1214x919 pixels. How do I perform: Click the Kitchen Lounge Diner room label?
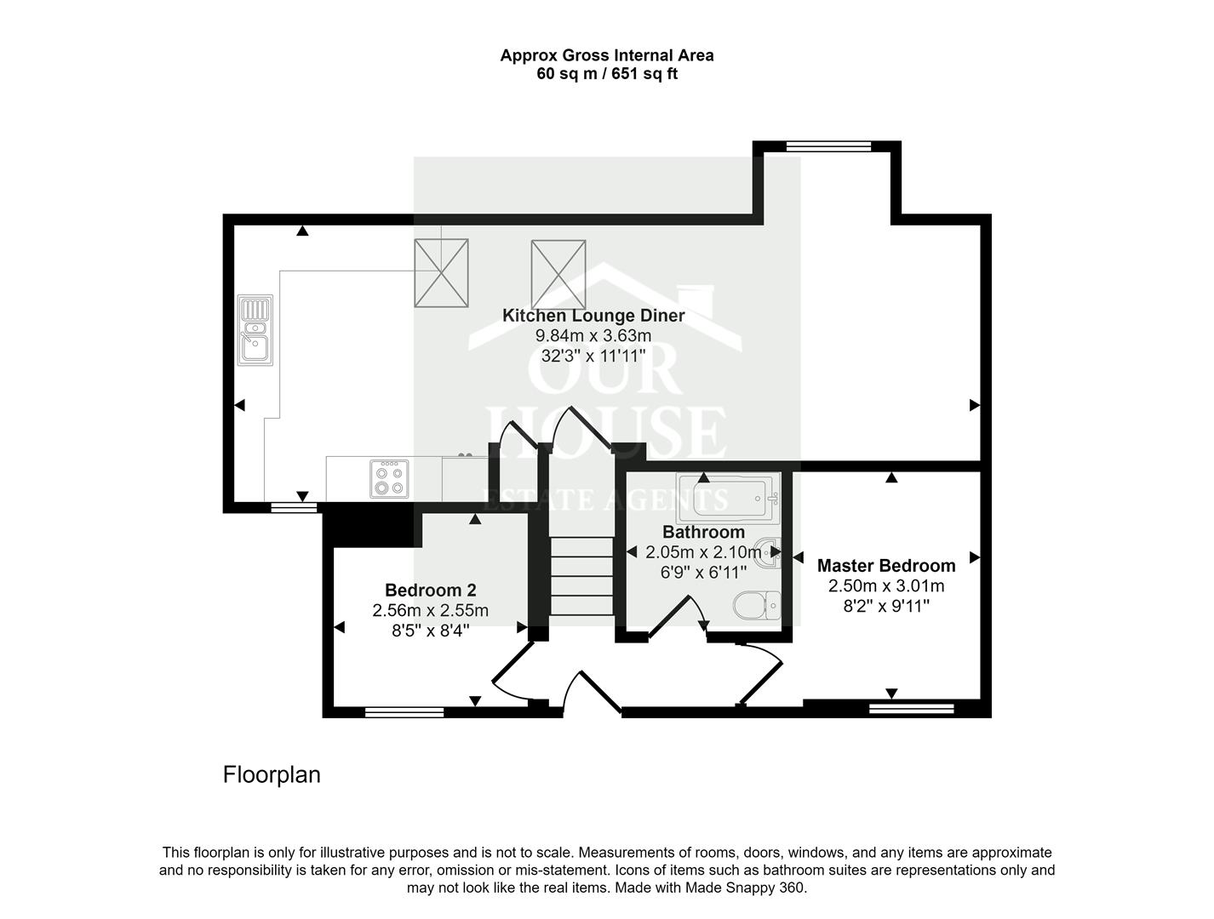[593, 316]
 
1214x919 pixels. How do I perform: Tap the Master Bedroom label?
[885, 566]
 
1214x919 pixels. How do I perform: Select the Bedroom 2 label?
[430, 591]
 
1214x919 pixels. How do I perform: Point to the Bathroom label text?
[703, 533]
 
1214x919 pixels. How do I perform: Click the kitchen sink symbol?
[255, 330]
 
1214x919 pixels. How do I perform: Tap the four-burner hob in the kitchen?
[389, 479]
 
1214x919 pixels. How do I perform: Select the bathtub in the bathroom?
[727, 497]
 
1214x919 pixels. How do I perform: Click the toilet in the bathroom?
[757, 605]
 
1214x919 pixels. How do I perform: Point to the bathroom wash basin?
[768, 553]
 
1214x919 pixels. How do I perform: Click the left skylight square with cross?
[441, 273]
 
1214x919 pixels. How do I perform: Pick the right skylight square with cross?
[558, 275]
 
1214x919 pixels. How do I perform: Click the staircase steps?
[581, 575]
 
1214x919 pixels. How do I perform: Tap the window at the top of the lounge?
[828, 146]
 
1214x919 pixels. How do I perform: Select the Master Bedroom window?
[911, 708]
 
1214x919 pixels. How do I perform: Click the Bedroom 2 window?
[404, 712]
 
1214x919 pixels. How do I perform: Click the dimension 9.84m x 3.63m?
[593, 336]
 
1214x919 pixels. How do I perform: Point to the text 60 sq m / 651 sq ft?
[606, 74]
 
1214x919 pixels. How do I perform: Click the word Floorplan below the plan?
[272, 775]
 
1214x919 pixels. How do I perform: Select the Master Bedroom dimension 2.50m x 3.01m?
[885, 586]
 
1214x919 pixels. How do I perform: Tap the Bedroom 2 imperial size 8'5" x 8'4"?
[430, 631]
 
